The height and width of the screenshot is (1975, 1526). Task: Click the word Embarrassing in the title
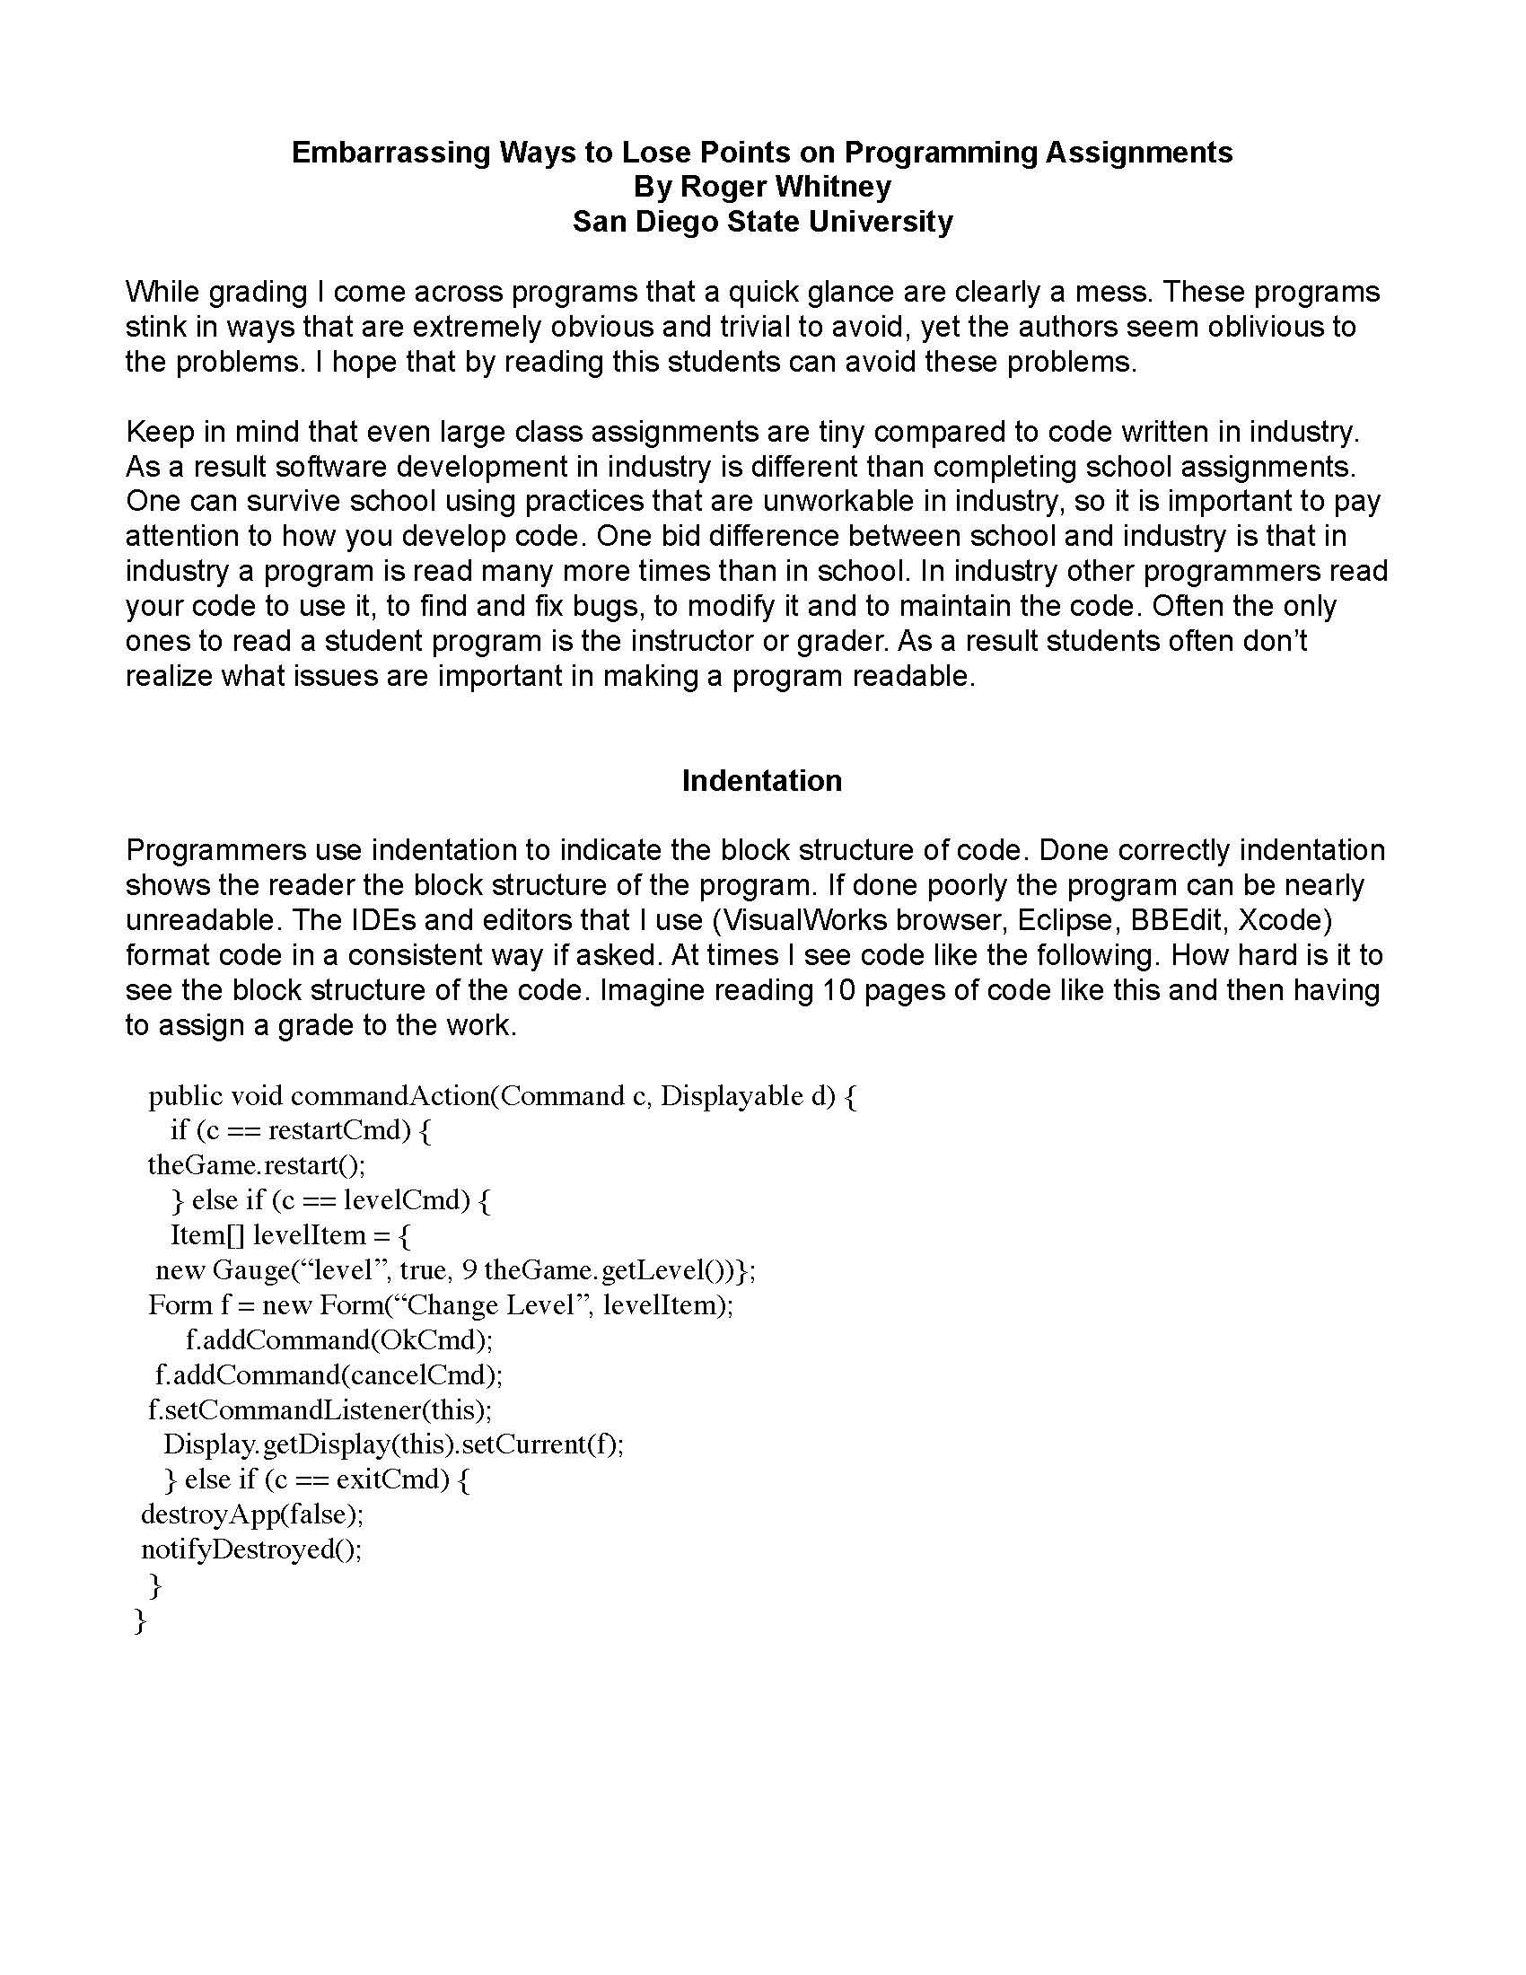click(390, 152)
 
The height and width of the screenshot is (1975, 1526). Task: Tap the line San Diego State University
click(762, 222)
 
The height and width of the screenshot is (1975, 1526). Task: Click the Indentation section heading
click(761, 780)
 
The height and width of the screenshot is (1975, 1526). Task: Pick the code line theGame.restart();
click(257, 1164)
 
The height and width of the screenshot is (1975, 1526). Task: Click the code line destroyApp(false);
click(252, 1514)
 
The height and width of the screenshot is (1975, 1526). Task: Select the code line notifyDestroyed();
click(251, 1549)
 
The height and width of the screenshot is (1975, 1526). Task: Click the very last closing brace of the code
click(139, 1620)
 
